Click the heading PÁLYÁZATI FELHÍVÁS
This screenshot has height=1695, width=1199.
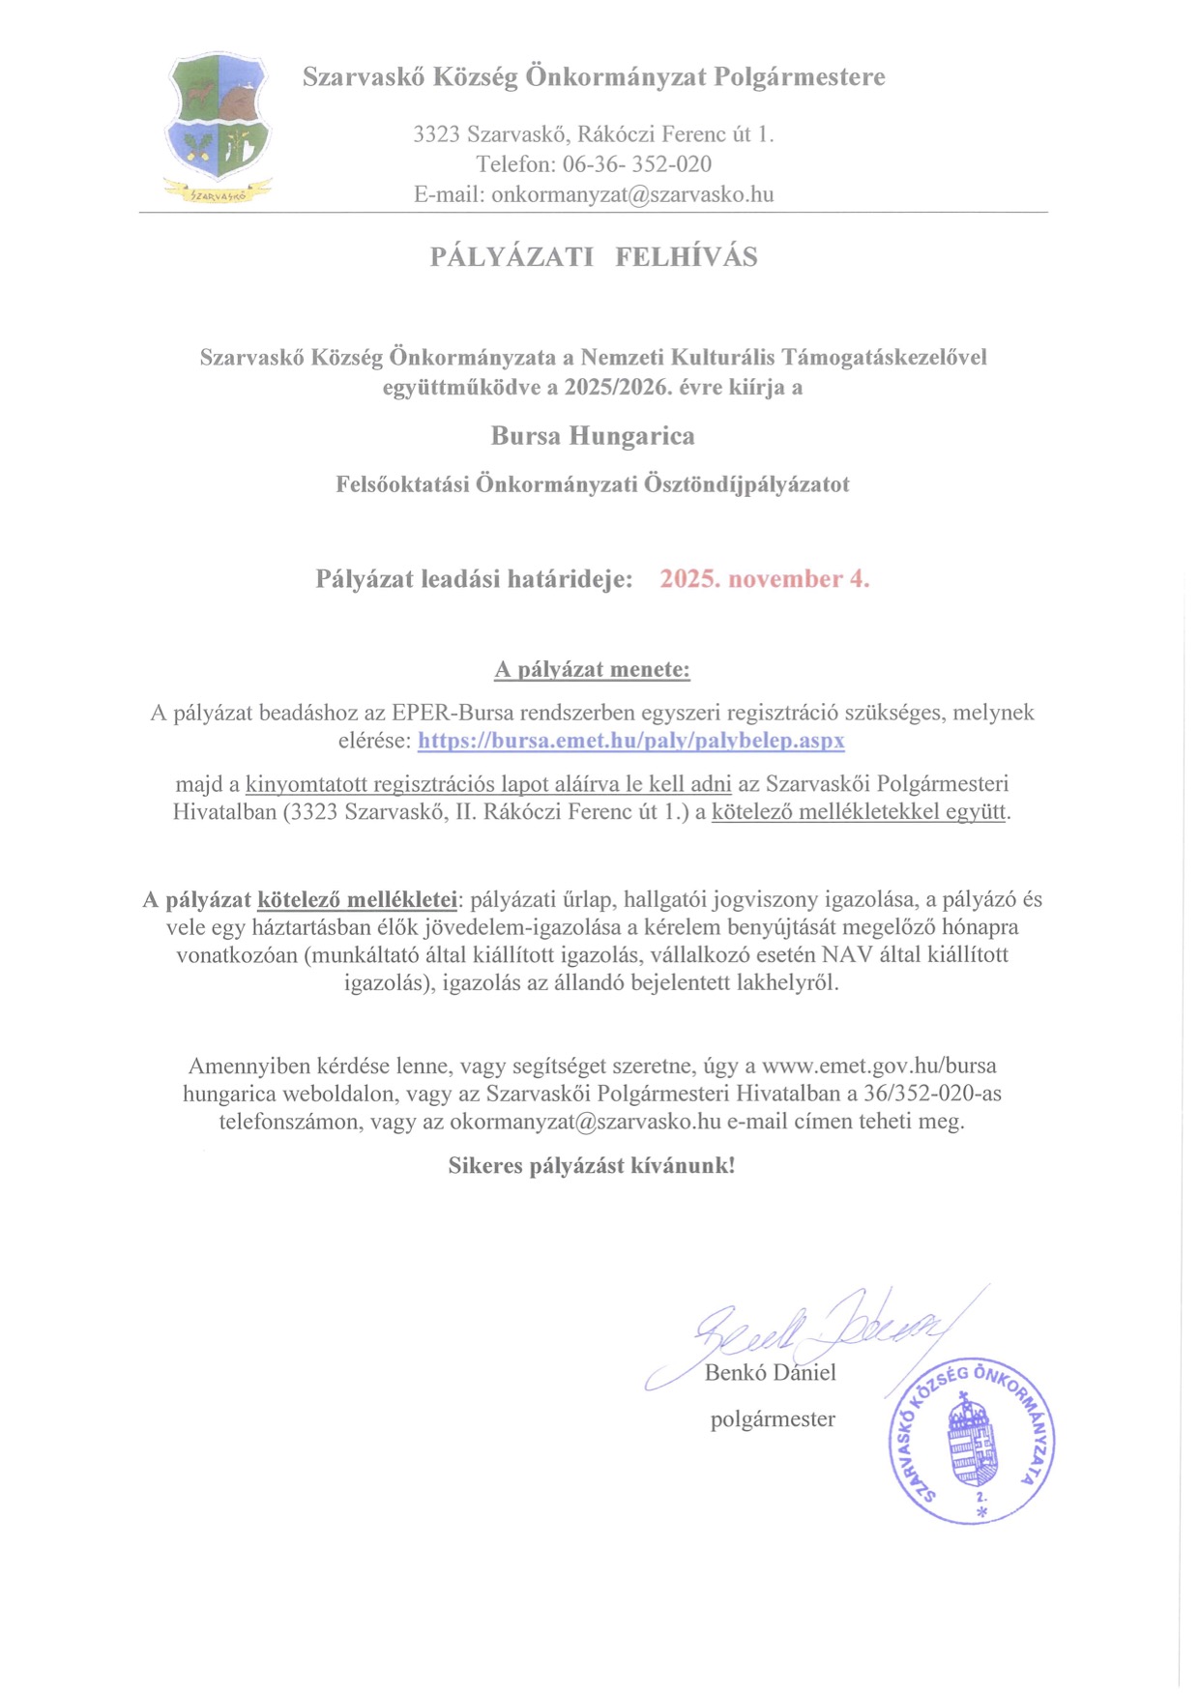(594, 257)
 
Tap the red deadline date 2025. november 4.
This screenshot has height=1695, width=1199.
(764, 579)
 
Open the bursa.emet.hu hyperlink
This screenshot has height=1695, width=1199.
(630, 742)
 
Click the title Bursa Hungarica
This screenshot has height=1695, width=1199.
(593, 436)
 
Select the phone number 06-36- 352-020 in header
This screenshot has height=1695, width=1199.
(637, 164)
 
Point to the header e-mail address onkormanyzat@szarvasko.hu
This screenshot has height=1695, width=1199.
(632, 194)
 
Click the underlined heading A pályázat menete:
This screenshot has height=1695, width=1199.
(593, 669)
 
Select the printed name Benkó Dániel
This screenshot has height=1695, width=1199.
(770, 1373)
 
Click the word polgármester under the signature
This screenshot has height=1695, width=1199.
(773, 1419)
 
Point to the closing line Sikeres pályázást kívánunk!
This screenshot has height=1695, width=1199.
(592, 1166)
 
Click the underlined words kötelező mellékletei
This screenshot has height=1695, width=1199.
(357, 900)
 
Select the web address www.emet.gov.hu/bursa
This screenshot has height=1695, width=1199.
(879, 1067)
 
